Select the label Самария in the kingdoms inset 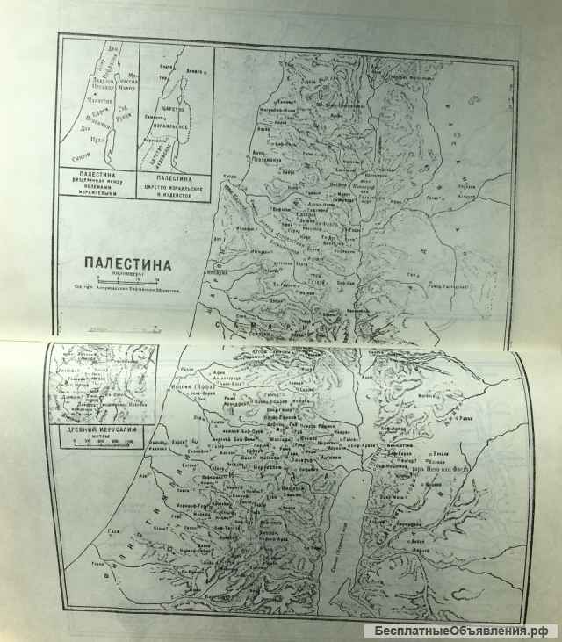tap(156, 118)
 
